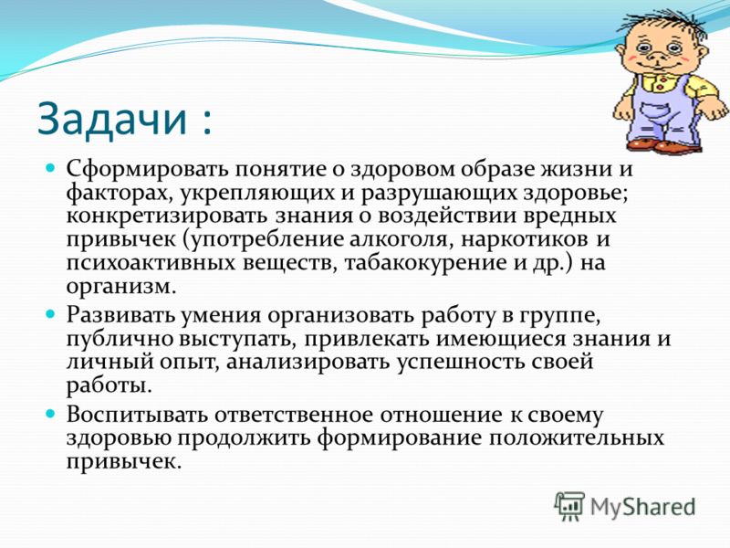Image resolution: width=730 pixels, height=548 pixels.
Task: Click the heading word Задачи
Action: (x=111, y=120)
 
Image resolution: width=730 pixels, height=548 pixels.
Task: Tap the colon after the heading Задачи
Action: (x=207, y=122)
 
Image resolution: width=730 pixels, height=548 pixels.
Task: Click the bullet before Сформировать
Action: (x=51, y=167)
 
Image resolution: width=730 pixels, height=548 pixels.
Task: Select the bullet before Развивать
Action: (x=51, y=313)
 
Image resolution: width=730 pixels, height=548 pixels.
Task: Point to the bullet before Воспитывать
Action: (x=51, y=414)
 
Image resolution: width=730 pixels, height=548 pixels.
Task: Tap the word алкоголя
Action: (x=398, y=239)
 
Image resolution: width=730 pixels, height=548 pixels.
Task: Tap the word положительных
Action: (x=576, y=438)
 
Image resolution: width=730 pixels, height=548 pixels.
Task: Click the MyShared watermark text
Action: (x=642, y=507)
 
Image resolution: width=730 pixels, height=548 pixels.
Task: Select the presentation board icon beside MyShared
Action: (x=568, y=506)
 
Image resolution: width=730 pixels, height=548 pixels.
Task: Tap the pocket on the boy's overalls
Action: (x=655, y=112)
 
